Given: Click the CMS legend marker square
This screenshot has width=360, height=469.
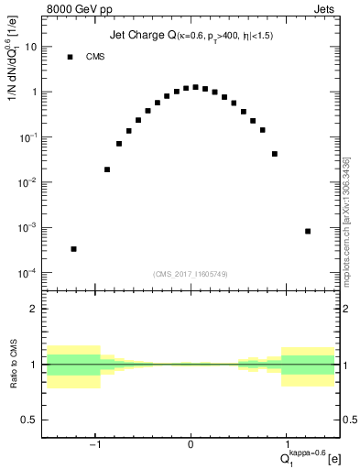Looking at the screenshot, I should [x=70, y=57].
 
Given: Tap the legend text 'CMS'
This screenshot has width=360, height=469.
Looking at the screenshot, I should [x=94, y=57].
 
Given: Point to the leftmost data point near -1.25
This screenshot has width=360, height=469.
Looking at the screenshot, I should [x=73, y=248].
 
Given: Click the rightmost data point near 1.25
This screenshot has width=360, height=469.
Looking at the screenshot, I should [x=308, y=231].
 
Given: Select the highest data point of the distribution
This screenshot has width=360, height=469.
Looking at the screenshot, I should [x=195, y=87].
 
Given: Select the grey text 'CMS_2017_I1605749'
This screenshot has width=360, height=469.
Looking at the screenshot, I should [x=191, y=274].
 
